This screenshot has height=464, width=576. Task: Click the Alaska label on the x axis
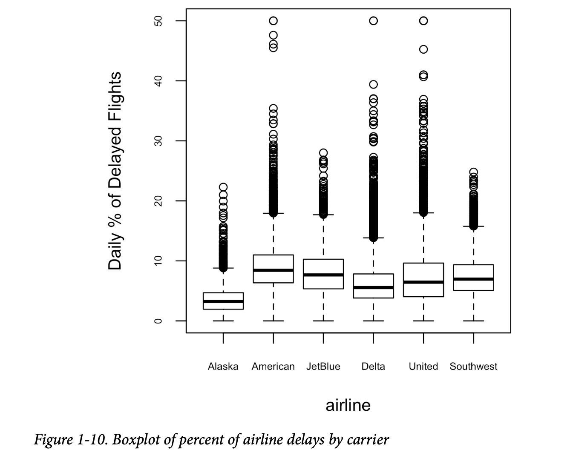click(x=223, y=367)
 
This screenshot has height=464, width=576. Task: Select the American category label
click(x=273, y=367)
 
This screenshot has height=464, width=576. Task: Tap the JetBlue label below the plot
click(x=323, y=367)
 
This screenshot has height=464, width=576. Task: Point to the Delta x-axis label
click(x=373, y=367)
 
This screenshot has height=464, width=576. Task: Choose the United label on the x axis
click(x=423, y=367)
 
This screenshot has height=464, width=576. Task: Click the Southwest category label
click(x=473, y=367)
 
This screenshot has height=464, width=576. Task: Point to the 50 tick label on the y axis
click(x=158, y=21)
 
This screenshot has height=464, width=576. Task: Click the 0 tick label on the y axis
click(x=158, y=321)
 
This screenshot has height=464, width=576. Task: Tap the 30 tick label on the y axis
click(x=158, y=141)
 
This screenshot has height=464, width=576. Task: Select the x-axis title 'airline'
click(x=348, y=405)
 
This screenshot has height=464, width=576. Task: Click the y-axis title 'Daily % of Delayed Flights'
click(x=115, y=171)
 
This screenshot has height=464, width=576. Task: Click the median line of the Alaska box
click(x=223, y=301)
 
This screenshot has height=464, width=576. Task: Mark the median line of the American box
click(x=273, y=270)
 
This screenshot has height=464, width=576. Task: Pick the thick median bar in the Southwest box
click(x=473, y=279)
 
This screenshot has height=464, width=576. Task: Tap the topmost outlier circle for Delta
click(x=373, y=21)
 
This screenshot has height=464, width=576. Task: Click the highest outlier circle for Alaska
click(x=223, y=187)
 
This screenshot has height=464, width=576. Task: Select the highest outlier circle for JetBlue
click(x=323, y=153)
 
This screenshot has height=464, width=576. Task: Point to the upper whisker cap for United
click(x=423, y=212)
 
